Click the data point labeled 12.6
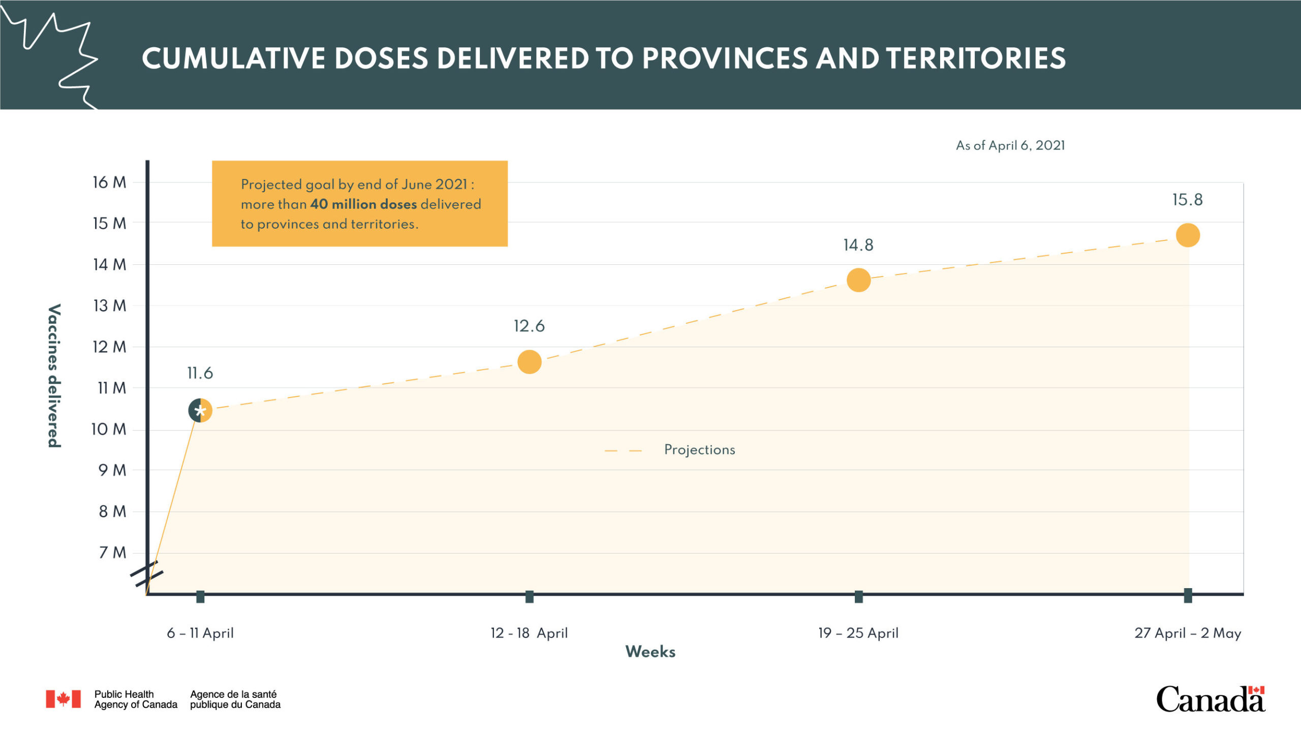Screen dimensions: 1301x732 (529, 362)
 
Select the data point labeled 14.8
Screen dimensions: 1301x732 (858, 280)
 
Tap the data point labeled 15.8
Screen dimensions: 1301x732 (1188, 235)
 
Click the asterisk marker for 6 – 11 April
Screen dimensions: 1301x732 (200, 411)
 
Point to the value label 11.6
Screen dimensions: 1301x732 (200, 373)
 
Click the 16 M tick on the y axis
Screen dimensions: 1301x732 (109, 182)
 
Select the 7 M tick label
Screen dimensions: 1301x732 (112, 552)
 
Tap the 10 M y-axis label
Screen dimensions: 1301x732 (109, 429)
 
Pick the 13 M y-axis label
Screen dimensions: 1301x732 (110, 306)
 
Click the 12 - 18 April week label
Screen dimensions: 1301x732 (529, 633)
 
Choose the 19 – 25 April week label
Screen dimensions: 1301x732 (858, 633)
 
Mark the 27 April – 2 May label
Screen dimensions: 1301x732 (1188, 633)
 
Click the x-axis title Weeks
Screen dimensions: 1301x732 (650, 652)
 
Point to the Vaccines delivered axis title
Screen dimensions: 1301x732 (54, 376)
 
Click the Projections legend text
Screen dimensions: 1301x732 (699, 450)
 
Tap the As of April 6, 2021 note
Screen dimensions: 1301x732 (1010, 145)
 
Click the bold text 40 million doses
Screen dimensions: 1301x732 (363, 204)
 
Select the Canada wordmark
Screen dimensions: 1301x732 (1211, 699)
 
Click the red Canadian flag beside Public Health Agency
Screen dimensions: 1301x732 (63, 699)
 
